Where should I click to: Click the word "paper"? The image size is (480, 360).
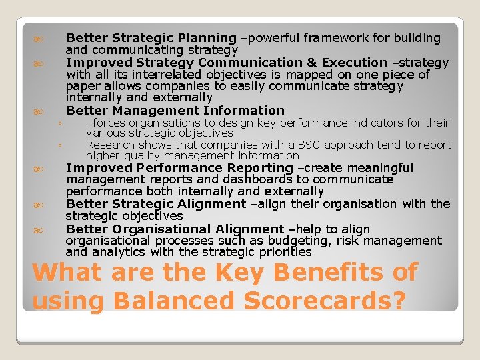83,87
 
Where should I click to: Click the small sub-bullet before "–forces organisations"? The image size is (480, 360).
59,123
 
